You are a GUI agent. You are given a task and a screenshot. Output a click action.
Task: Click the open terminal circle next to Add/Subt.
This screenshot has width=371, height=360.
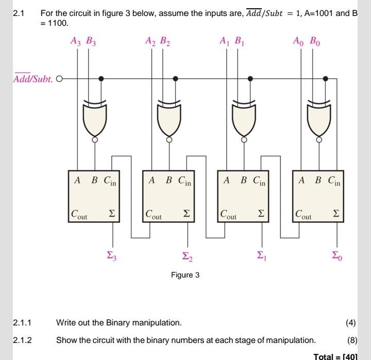pos(58,79)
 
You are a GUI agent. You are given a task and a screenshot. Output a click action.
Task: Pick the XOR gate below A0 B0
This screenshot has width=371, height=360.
pos(319,117)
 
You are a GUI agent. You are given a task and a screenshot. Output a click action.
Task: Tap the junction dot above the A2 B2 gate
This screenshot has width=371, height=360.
pos(176,79)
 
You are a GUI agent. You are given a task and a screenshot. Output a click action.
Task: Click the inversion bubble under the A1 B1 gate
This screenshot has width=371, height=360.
pos(244,139)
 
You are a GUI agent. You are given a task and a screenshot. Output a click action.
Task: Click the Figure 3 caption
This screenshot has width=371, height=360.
pos(185,275)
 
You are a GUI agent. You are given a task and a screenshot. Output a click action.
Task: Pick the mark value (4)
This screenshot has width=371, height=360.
pos(351,323)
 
